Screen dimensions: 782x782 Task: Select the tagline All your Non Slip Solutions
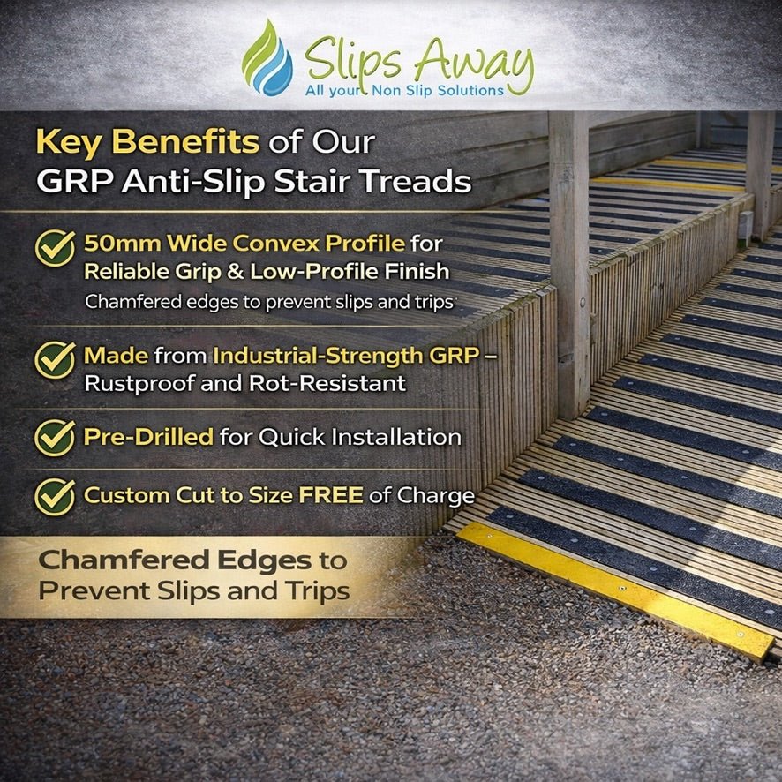404,90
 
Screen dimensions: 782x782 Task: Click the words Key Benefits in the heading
147,141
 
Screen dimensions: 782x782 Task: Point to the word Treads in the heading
422,183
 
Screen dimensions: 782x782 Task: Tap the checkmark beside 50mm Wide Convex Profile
55,248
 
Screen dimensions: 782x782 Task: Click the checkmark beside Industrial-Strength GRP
55,360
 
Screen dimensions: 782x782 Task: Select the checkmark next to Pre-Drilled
55,437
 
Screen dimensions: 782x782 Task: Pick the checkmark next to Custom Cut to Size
55,496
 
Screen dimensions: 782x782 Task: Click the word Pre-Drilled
147,437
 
